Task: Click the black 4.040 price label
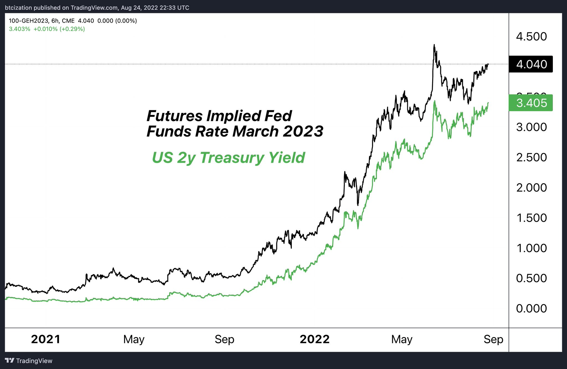pos(531,64)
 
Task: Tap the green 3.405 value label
pos(531,103)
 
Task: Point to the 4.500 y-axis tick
pos(531,37)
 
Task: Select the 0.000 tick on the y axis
pos(531,308)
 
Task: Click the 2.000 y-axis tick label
pos(531,188)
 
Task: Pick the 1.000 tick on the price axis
pos(531,248)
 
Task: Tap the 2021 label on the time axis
pos(46,339)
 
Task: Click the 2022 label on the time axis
pos(315,339)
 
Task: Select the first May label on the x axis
pos(134,339)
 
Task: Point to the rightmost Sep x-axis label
pos(493,339)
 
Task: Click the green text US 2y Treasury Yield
pos(228,158)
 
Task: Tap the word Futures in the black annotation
pos(174,116)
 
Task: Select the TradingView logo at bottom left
pos(29,361)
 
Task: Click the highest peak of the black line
pos(434,45)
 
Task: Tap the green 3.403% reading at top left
pos(19,29)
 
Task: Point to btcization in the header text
pos(18,8)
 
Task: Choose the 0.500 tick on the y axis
pos(531,278)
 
